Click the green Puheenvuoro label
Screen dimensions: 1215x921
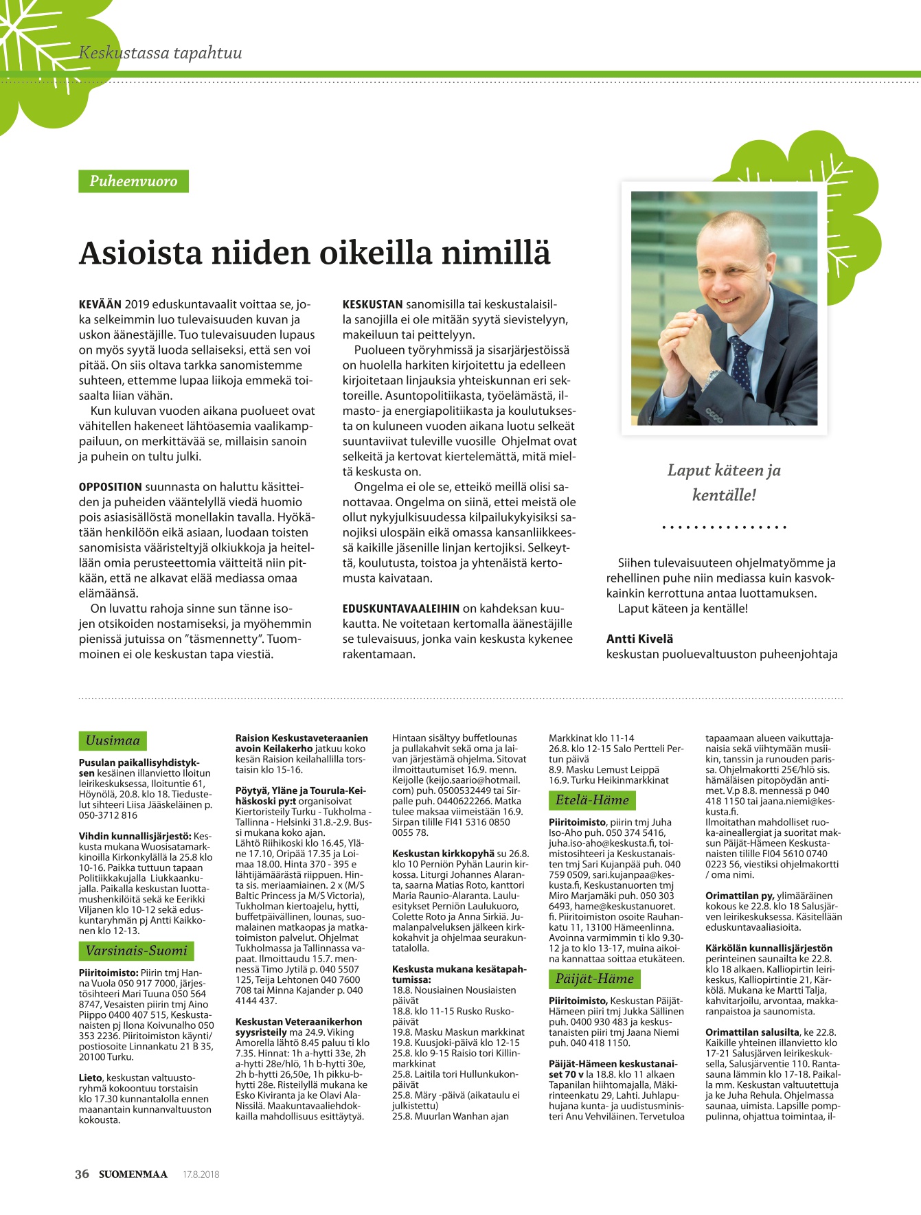click(x=133, y=181)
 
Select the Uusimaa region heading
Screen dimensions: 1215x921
click(x=113, y=740)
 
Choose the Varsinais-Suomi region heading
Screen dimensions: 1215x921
click(x=136, y=951)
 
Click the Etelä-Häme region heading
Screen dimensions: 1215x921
click(x=591, y=800)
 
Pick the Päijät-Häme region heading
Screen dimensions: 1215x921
click(x=594, y=979)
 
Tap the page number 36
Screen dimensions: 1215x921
click(x=82, y=1174)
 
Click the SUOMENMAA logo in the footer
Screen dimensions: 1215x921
click(x=133, y=1174)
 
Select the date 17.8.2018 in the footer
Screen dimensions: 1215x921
click(x=201, y=1174)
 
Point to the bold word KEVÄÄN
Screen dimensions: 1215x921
click(x=100, y=304)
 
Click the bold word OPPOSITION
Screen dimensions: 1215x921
click(x=111, y=487)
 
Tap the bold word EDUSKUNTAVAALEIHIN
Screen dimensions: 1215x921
click(x=401, y=609)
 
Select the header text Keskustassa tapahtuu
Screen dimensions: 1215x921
click(x=160, y=53)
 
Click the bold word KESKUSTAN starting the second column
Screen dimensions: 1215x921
click(x=372, y=304)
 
